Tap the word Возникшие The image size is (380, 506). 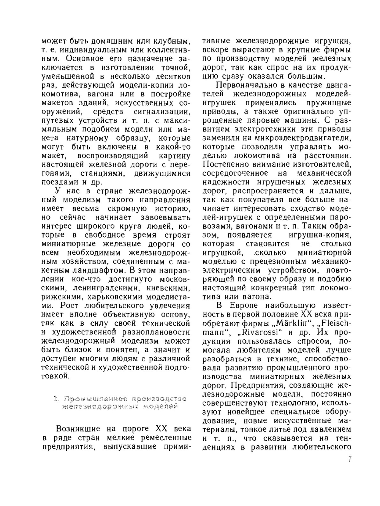[78, 429]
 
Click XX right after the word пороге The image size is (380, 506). [153, 429]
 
